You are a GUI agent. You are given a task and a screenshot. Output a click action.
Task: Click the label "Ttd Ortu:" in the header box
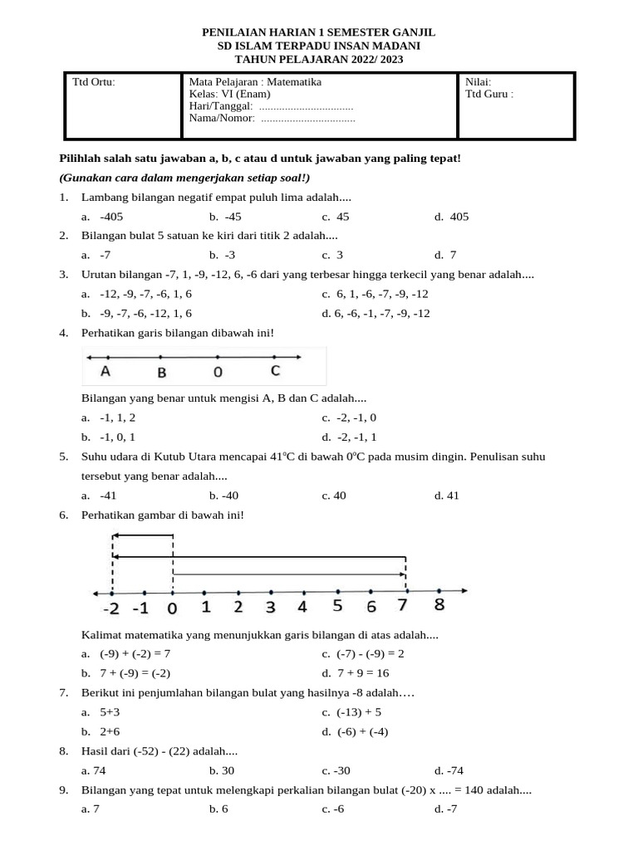click(94, 82)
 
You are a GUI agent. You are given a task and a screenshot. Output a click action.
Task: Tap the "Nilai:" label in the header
click(478, 82)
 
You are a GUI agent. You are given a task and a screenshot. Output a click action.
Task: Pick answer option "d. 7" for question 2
click(444, 255)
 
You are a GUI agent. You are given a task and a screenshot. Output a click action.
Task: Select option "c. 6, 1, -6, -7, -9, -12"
click(375, 294)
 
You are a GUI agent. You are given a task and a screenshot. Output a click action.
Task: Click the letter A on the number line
click(106, 371)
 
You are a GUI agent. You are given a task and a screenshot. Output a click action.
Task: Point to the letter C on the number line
click(275, 370)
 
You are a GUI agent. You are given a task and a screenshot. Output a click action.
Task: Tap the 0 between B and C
click(218, 372)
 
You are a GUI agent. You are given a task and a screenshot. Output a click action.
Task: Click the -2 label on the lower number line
click(110, 608)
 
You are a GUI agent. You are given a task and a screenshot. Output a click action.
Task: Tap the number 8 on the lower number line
click(439, 605)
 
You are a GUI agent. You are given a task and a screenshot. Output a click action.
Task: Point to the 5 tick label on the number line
click(337, 606)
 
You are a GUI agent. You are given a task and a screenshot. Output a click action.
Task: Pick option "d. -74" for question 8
click(445, 770)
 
